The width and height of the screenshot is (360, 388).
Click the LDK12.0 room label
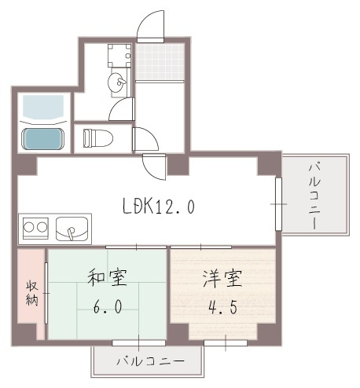pyautogui.click(x=159, y=207)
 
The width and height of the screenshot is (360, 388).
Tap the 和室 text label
pyautogui.click(x=108, y=277)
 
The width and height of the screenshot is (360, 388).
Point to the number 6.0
pyautogui.click(x=108, y=306)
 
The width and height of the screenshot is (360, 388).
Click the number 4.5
pyautogui.click(x=222, y=307)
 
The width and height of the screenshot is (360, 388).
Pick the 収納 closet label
pyautogui.click(x=32, y=293)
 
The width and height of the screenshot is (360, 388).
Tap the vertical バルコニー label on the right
pyautogui.click(x=314, y=196)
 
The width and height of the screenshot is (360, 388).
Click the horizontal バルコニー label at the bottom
pyautogui.click(x=150, y=361)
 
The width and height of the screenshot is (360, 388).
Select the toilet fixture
pyautogui.click(x=98, y=138)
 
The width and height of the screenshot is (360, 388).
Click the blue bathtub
pyautogui.click(x=42, y=139)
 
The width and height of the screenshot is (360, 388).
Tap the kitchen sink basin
pyautogui.click(x=72, y=229)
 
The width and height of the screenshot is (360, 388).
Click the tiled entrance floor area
pyautogui.click(x=160, y=61)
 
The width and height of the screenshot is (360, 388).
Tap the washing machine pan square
pyautogui.click(x=119, y=56)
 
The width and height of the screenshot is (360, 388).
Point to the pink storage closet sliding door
pyautogui.click(x=46, y=293)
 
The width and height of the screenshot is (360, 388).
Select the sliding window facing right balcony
pyautogui.click(x=278, y=204)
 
